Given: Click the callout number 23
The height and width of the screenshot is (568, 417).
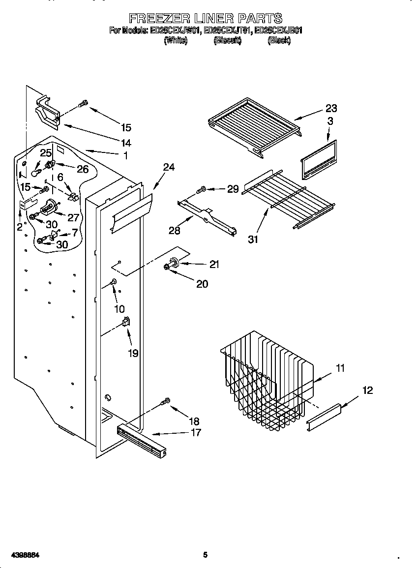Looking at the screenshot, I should [331, 109].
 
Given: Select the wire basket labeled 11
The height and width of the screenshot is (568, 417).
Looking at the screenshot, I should [266, 379].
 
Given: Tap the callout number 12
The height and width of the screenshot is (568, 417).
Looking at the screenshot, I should [367, 390].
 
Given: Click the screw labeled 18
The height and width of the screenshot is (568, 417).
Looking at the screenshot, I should [166, 402].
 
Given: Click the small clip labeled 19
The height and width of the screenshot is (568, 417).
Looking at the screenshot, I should [126, 322].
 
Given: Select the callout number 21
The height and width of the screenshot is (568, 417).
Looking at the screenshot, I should [214, 265].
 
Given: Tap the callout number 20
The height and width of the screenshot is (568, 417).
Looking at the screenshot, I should [202, 284].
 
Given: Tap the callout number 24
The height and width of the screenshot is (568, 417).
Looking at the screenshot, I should [169, 167].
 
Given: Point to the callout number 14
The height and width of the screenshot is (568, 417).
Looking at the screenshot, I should [126, 143].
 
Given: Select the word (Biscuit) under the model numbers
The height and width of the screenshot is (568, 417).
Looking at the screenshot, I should [227, 41].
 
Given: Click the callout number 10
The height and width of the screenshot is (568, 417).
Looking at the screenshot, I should [119, 309].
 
